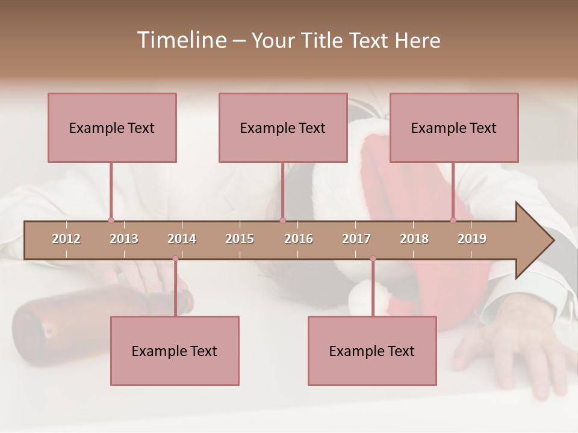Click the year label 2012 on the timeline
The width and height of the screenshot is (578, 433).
66,239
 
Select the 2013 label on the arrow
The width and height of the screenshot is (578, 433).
124,239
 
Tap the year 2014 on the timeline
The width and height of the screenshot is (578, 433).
182,239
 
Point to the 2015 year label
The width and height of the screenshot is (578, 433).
240,239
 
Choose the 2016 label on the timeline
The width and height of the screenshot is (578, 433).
299,239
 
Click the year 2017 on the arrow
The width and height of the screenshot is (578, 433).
356,239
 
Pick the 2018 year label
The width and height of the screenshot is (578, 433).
414,239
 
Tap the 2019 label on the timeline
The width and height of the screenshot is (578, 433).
472,239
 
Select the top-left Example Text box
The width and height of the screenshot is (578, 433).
112,127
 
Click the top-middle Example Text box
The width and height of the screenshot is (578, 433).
283,127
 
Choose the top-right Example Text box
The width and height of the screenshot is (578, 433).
454,127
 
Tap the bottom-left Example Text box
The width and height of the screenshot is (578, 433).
175,351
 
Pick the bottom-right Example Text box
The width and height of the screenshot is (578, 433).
372,351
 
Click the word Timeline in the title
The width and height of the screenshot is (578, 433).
181,40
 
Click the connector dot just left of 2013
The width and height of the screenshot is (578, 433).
111,221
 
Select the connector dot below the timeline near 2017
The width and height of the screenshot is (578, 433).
373,259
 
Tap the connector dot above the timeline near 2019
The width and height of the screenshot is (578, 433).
453,221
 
